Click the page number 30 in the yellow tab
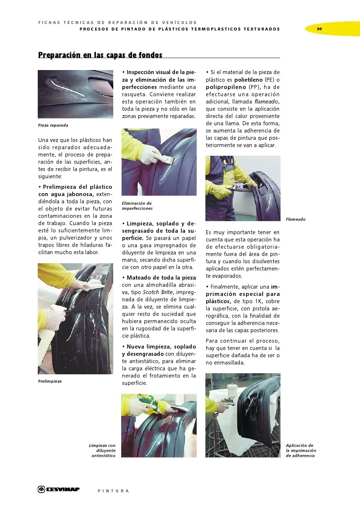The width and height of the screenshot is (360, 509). click(x=319, y=29)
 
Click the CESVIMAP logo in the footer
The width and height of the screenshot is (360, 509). click(x=58, y=489)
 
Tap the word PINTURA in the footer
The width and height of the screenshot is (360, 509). click(x=113, y=491)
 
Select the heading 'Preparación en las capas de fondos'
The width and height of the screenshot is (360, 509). click(x=100, y=55)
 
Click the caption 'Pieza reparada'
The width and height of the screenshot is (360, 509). click(x=53, y=125)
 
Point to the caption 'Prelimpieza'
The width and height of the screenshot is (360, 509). click(x=50, y=381)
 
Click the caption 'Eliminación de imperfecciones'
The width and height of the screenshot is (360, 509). click(x=137, y=206)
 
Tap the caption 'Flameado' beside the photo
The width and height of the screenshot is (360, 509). click(x=295, y=219)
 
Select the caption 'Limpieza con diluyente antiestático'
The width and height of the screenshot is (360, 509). click(x=102, y=451)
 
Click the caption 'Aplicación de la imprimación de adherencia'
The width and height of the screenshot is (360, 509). click(x=301, y=451)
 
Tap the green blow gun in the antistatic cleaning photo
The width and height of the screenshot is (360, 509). click(x=151, y=403)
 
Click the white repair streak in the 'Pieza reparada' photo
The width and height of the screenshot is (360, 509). click(x=68, y=88)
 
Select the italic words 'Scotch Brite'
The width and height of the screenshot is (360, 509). click(x=158, y=292)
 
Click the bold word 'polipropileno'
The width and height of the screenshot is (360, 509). click(x=226, y=87)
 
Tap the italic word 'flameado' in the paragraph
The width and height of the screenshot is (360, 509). click(x=266, y=102)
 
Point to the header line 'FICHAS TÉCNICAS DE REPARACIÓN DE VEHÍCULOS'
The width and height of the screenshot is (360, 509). click(x=118, y=23)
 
